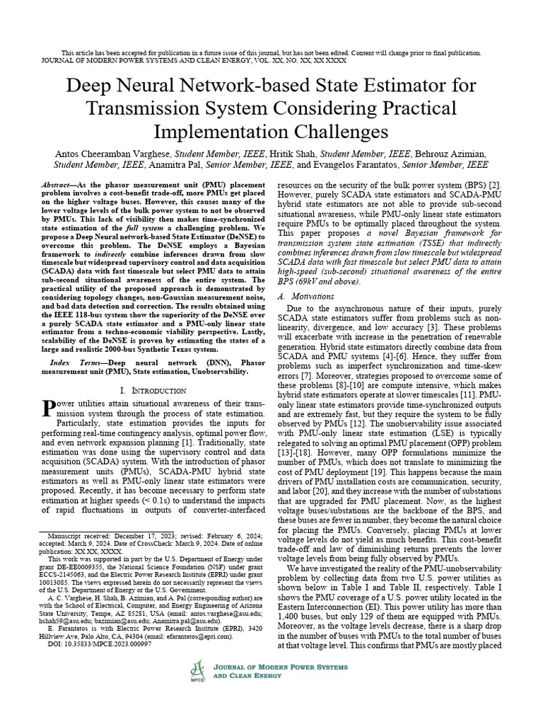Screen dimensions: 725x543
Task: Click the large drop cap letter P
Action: (49, 409)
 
